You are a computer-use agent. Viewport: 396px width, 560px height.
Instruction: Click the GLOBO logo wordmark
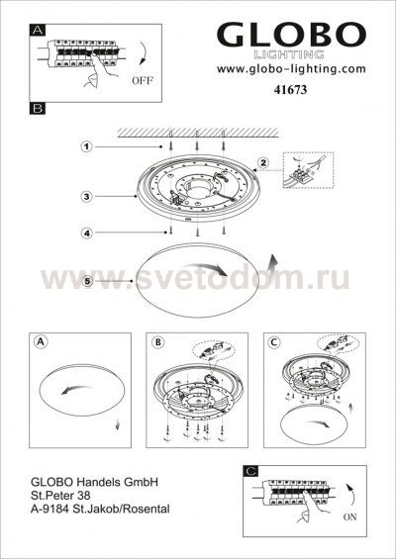(x=291, y=35)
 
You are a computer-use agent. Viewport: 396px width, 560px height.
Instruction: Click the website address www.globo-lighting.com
(x=291, y=68)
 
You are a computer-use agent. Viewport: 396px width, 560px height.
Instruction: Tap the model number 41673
(x=290, y=90)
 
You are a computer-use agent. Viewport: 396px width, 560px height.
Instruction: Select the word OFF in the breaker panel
(x=142, y=81)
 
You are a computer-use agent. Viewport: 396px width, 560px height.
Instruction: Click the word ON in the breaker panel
(x=349, y=516)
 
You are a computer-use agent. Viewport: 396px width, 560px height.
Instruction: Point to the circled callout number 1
(x=86, y=146)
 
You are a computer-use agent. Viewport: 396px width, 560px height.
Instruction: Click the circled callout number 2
(x=263, y=163)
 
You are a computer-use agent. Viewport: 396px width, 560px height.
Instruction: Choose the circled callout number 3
(x=86, y=197)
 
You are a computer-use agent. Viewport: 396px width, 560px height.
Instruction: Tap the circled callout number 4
(x=86, y=233)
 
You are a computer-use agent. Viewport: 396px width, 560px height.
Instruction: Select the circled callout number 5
(x=87, y=281)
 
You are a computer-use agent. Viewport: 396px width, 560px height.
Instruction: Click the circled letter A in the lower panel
(x=41, y=341)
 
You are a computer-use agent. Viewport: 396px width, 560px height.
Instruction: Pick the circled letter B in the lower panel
(x=157, y=342)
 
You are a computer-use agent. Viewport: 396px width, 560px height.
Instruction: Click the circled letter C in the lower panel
(x=274, y=342)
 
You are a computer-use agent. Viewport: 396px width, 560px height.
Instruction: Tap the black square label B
(x=38, y=109)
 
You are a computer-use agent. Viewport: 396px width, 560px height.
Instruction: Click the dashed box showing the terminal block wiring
(x=308, y=170)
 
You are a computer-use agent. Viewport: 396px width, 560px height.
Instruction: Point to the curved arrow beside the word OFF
(x=144, y=53)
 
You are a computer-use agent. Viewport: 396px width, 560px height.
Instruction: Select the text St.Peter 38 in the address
(x=60, y=496)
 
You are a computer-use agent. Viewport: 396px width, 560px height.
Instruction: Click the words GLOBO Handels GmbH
(x=94, y=482)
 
